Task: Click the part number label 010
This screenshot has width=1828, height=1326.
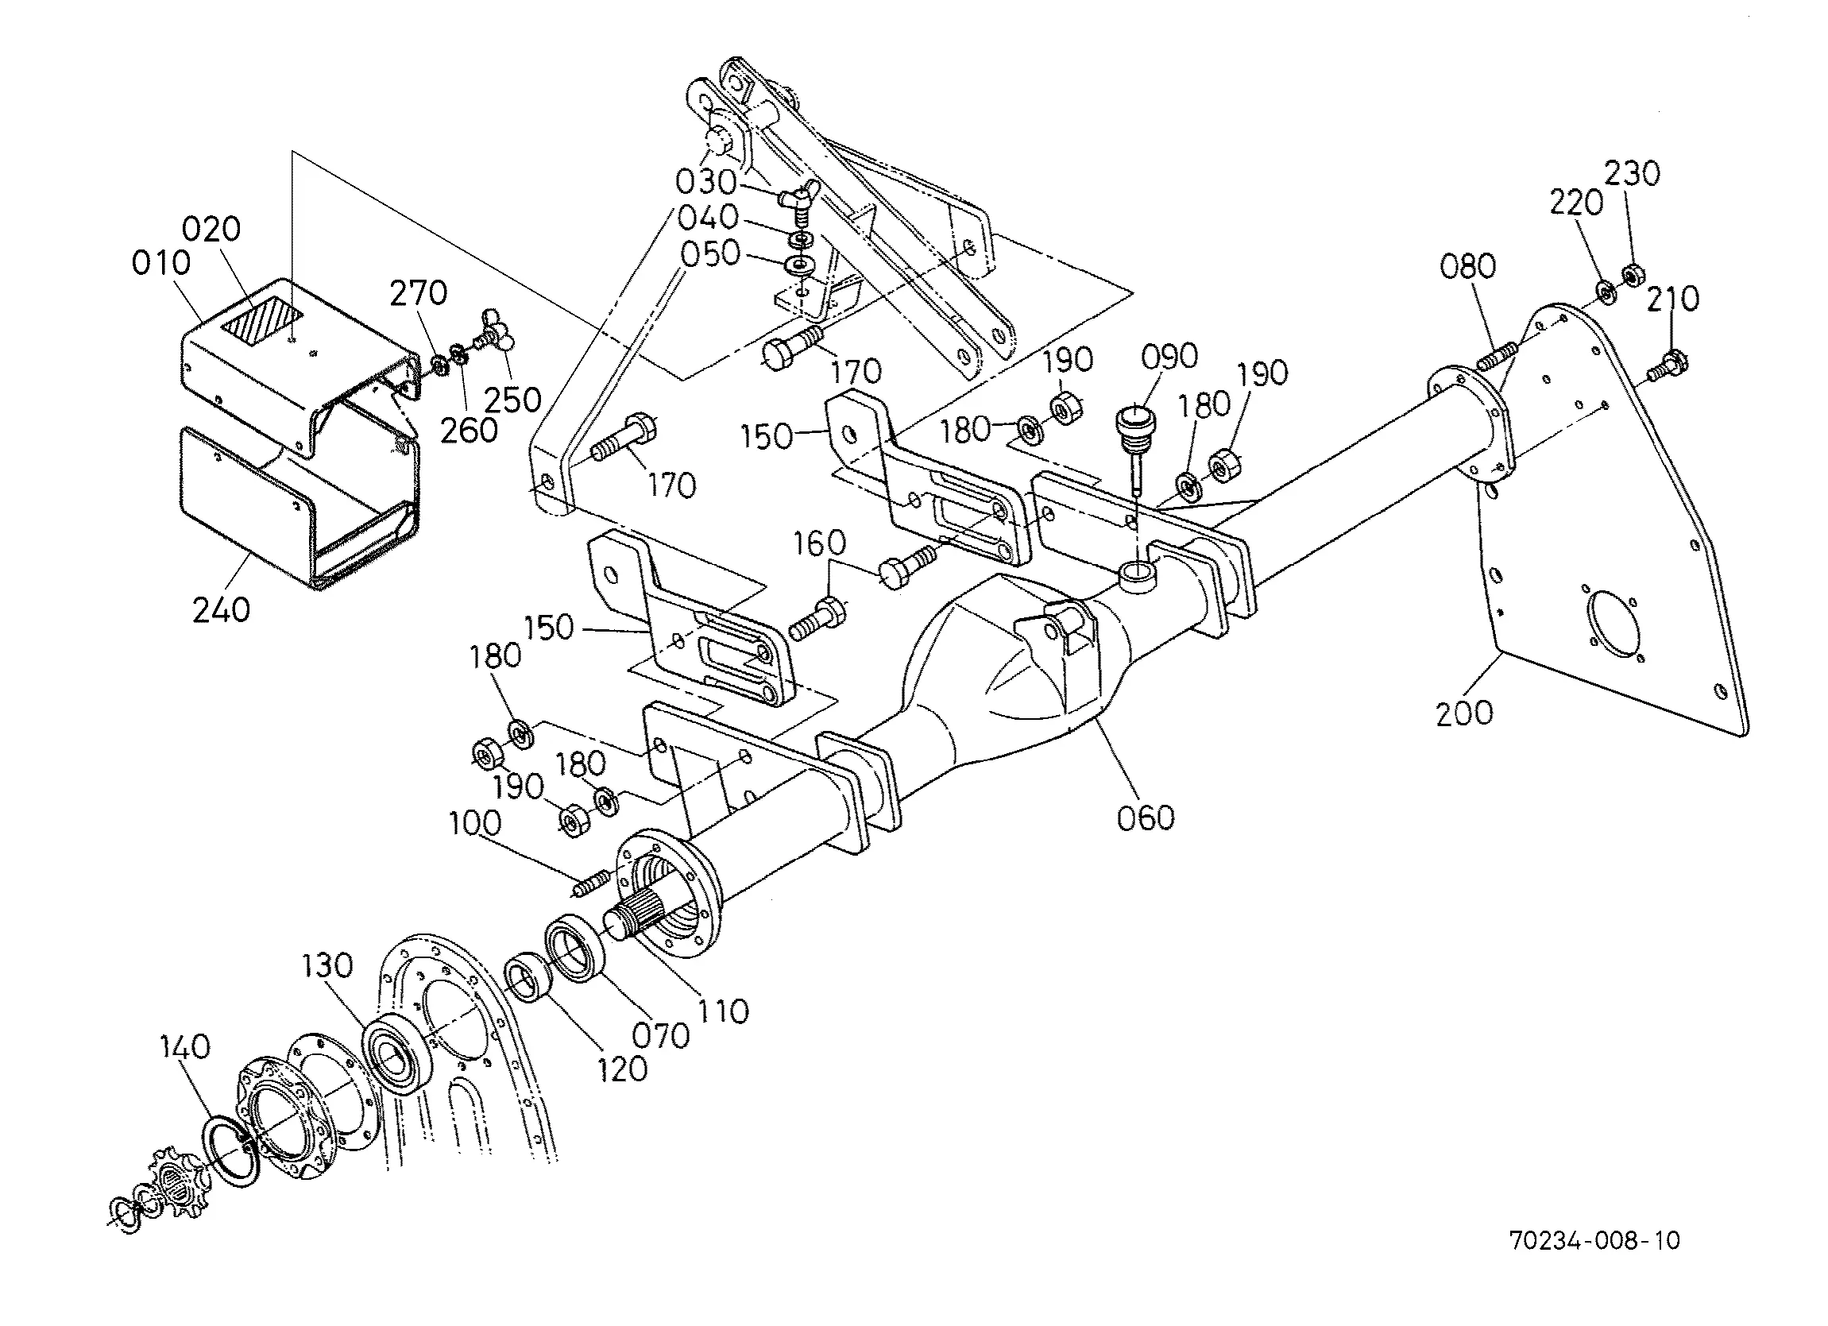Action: (161, 263)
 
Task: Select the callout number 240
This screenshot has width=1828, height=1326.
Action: (221, 610)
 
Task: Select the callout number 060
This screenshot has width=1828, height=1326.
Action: (1146, 818)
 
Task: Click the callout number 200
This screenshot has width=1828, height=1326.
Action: (1464, 713)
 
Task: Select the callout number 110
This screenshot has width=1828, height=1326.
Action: (723, 1011)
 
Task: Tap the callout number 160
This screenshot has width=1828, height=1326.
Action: (820, 543)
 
